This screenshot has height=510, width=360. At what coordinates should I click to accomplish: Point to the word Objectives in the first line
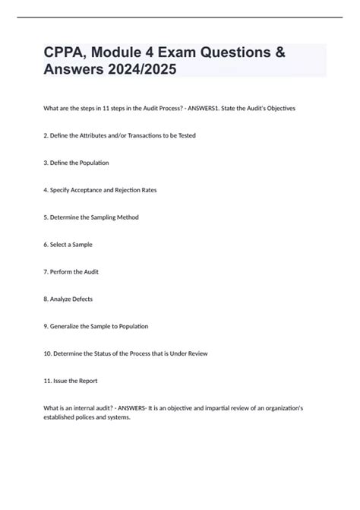point(279,109)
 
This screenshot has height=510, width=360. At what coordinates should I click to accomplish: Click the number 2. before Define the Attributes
point(47,135)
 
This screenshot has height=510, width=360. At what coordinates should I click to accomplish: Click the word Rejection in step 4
point(123,190)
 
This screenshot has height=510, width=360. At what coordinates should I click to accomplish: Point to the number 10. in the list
point(49,353)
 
